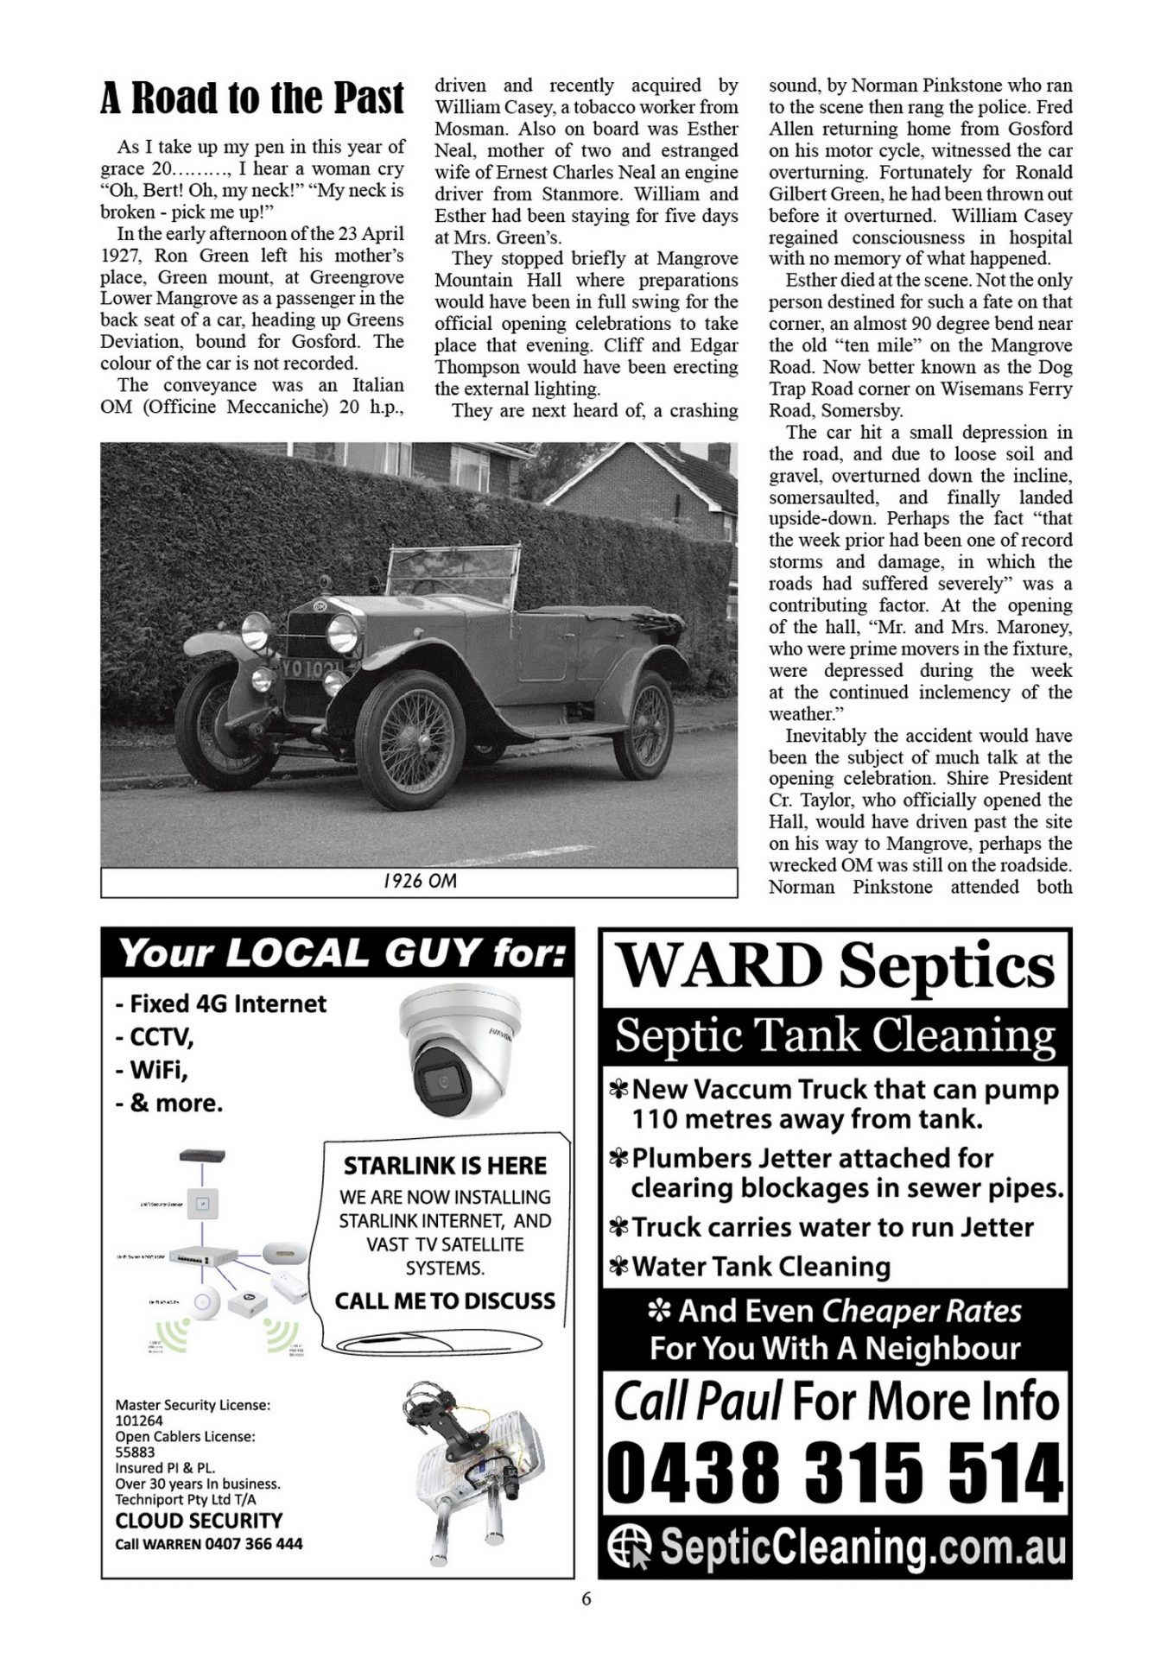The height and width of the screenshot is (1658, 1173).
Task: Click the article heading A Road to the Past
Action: click(251, 98)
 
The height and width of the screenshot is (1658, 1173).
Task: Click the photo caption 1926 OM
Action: click(419, 881)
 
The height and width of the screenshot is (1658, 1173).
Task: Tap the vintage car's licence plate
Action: click(309, 668)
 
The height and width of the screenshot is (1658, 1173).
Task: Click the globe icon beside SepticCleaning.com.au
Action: click(630, 1547)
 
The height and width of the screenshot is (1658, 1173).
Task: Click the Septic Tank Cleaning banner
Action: click(835, 1035)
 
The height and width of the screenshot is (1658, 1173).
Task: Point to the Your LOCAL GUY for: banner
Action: click(339, 953)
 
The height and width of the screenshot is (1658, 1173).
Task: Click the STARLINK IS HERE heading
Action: click(445, 1166)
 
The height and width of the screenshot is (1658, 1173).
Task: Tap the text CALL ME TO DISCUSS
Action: click(445, 1300)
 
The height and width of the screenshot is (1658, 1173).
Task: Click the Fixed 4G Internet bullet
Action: click(221, 1003)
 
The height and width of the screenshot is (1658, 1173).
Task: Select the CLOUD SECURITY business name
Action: click(199, 1521)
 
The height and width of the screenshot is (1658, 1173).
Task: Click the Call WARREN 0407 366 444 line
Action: click(209, 1543)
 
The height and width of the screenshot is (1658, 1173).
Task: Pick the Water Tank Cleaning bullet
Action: click(760, 1267)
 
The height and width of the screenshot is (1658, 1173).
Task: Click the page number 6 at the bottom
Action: click(586, 1598)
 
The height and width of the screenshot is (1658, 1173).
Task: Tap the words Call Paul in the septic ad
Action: click(698, 1401)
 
